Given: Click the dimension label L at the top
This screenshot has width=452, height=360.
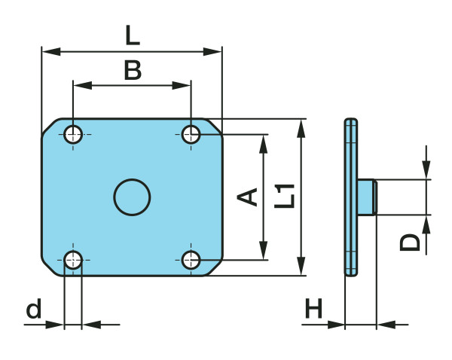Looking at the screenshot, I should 132,35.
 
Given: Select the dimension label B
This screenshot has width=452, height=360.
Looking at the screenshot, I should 132,71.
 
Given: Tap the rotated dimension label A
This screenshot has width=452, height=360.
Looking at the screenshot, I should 248,197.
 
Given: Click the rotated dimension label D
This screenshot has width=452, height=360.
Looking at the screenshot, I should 409,242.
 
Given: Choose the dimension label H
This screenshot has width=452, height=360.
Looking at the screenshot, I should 313,309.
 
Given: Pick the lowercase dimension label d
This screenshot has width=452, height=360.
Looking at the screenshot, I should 33,309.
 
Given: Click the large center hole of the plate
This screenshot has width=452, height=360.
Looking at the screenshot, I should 132,197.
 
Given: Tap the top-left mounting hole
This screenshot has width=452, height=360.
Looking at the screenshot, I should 73,135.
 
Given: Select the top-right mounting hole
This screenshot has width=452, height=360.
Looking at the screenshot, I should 191,135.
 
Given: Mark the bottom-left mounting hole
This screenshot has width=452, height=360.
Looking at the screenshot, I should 73,261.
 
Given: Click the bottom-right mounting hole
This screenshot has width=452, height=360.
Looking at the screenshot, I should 191,261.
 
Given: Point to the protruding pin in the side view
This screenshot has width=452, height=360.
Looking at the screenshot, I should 367,197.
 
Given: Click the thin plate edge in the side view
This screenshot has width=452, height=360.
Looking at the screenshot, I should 350,197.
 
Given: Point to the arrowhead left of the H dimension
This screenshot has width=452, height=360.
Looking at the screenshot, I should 336,325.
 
